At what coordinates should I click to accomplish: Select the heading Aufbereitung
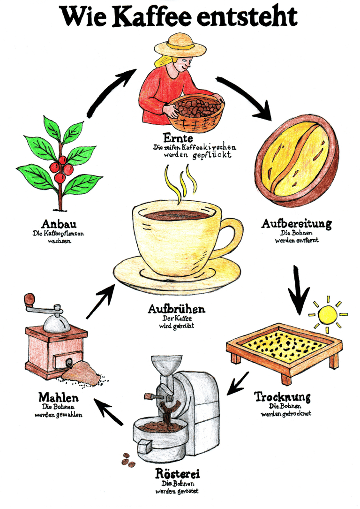(296, 224)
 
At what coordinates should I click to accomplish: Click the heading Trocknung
(282, 397)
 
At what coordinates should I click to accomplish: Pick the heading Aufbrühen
(176, 310)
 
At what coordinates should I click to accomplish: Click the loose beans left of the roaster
(128, 460)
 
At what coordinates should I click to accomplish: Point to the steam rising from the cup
(180, 183)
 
